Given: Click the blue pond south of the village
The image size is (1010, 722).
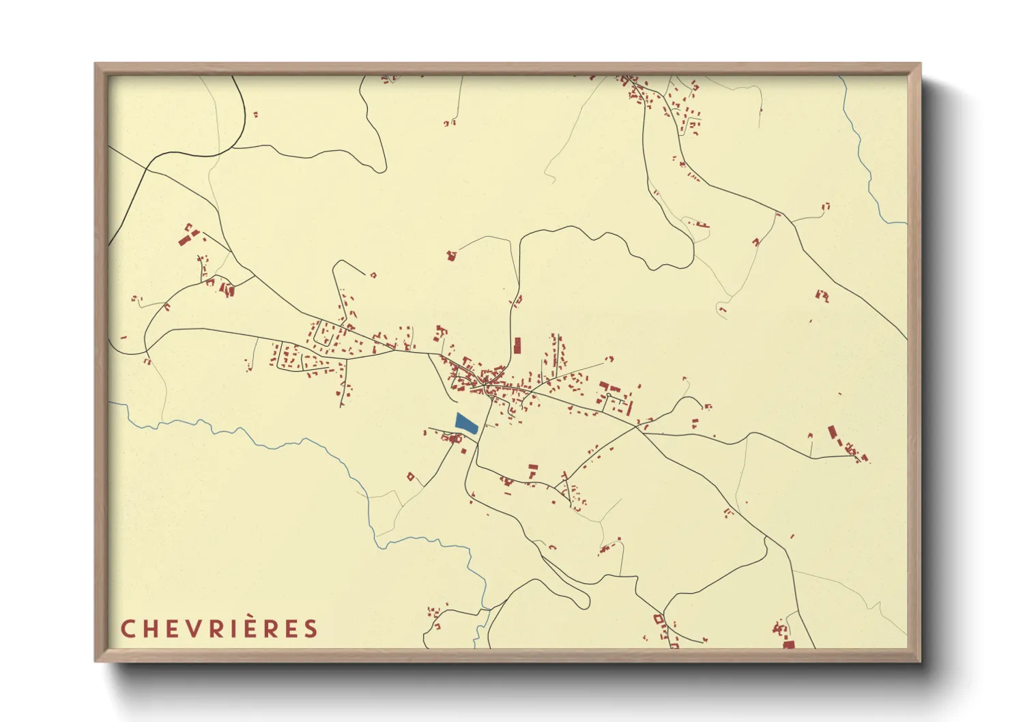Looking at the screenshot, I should point(465,423).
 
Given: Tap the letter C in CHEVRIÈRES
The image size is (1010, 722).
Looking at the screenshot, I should point(128,629).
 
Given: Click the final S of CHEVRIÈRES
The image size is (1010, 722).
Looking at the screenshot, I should point(311,629).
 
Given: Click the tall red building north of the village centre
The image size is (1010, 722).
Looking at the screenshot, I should point(517,345).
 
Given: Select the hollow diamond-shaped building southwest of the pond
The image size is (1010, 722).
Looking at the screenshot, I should point(411,477).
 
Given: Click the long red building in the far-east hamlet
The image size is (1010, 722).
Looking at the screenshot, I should point(832,432).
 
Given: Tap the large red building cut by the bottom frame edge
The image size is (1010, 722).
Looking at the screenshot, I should point(788,644).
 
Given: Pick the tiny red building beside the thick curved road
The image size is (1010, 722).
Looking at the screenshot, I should point(256,115).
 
